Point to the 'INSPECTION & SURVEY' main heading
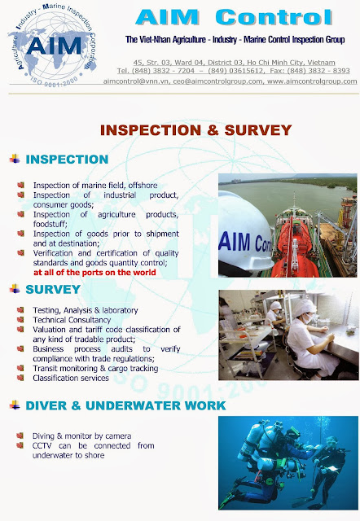coord(195,129)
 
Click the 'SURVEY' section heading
coord(53,289)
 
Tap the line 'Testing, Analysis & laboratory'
coord(86,310)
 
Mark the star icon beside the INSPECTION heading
coord(13,159)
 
